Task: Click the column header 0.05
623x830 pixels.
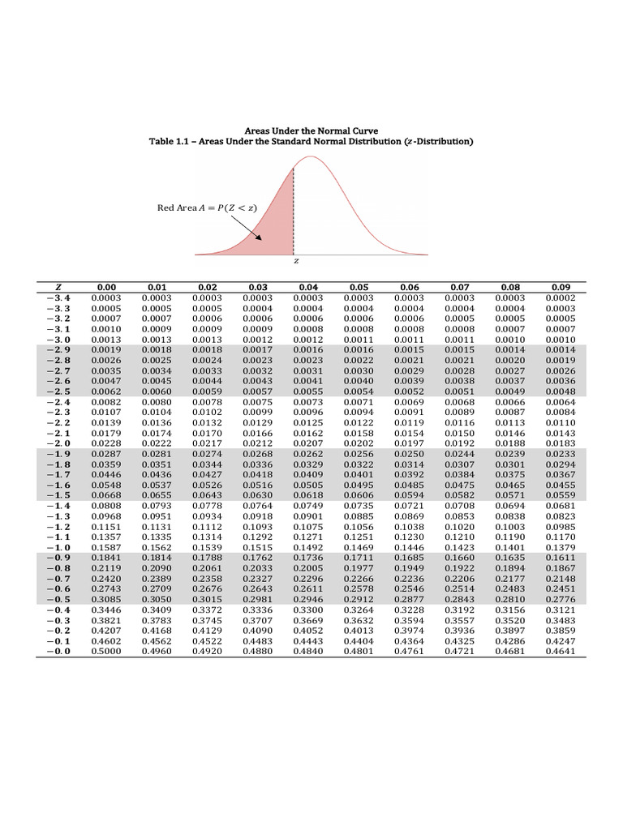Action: pos(359,287)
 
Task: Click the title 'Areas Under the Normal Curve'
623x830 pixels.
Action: pos(311,130)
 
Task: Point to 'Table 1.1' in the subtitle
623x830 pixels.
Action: pos(168,141)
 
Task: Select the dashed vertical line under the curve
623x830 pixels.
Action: pos(293,211)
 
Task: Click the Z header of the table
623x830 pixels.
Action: pos(58,287)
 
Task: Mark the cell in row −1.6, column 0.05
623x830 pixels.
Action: pos(359,485)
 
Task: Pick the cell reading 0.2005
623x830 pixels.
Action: pos(308,567)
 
